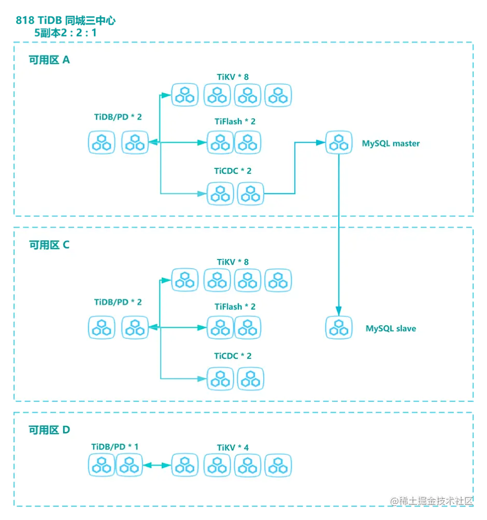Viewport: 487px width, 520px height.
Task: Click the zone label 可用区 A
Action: click(x=49, y=60)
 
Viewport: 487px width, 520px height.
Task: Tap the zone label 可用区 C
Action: click(x=49, y=245)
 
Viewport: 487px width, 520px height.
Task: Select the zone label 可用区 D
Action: click(x=49, y=430)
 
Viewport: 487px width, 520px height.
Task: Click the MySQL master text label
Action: click(x=391, y=143)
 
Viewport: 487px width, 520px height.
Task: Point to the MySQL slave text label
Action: click(x=391, y=328)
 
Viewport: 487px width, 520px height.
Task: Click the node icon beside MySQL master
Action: click(x=339, y=142)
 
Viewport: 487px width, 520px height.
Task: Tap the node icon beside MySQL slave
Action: click(x=339, y=328)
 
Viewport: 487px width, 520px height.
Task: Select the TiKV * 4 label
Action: click(x=233, y=447)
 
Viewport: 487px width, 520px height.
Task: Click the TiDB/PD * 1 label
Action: click(x=115, y=446)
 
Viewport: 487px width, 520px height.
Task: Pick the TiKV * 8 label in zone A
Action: click(x=233, y=77)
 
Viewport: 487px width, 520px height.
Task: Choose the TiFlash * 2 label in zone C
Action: click(x=235, y=307)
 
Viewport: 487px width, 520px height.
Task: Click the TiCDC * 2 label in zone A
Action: click(x=233, y=171)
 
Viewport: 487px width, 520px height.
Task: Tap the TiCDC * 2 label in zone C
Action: click(x=233, y=356)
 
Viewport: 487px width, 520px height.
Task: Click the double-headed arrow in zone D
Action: click(x=156, y=466)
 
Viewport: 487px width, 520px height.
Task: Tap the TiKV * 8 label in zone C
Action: click(x=233, y=262)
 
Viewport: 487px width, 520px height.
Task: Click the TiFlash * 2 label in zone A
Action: click(x=235, y=122)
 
